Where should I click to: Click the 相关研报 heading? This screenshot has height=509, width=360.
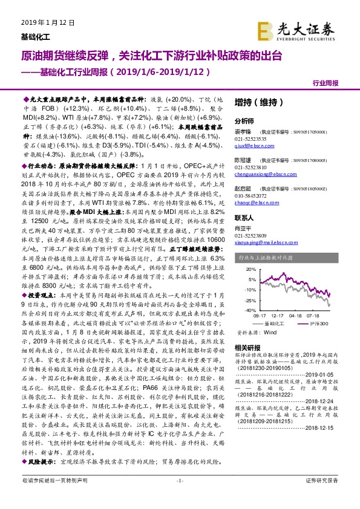point(247,347)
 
